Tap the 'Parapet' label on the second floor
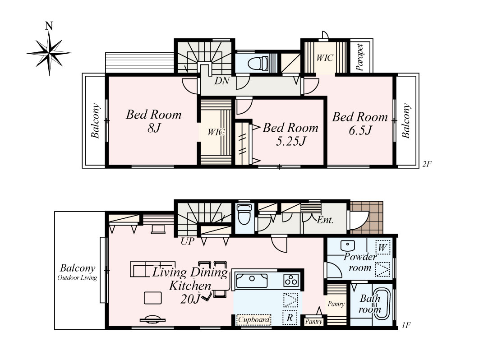pyautogui.click(x=360, y=57)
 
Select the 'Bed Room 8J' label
pyautogui.click(x=154, y=121)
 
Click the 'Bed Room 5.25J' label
pyautogui.click(x=290, y=134)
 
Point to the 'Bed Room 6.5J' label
pyautogui.click(x=360, y=124)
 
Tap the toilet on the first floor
pyautogui.click(x=244, y=216)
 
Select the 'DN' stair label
pyautogui.click(x=222, y=81)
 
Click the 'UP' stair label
pyautogui.click(x=187, y=241)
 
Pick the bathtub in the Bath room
pyautogui.click(x=382, y=303)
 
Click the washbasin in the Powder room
pyautogui.click(x=348, y=245)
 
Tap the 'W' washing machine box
pyautogui.click(x=382, y=247)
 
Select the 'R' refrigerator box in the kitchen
pyautogui.click(x=290, y=318)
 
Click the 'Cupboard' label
pyautogui.click(x=254, y=320)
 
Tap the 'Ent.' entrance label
pyautogui.click(x=325, y=220)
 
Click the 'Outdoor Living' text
pyautogui.click(x=77, y=278)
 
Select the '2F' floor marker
pyautogui.click(x=427, y=164)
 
